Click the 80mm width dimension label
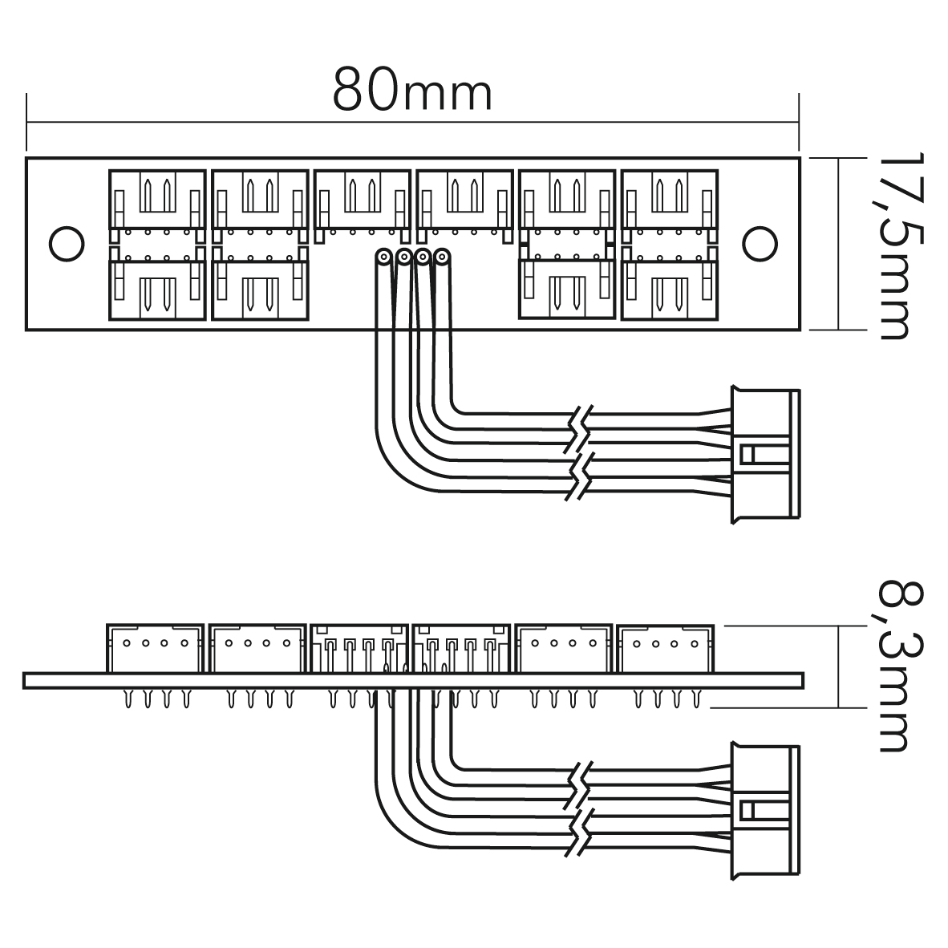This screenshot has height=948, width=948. pos(412,91)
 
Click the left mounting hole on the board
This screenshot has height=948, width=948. pos(66,244)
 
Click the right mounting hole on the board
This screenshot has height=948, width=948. pos(760,244)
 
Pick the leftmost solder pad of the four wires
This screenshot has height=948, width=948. pos(383,257)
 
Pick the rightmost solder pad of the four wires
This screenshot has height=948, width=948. pos(443,257)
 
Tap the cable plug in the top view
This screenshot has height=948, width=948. pos(765,454)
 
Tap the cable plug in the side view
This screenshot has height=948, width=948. pos(765,811)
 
